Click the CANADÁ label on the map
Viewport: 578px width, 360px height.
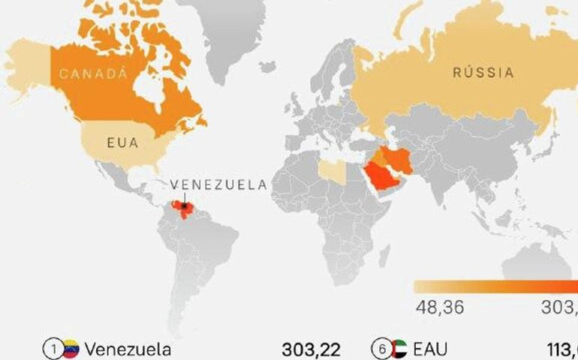[x=91, y=74]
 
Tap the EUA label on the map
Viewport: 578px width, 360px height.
[x=123, y=142]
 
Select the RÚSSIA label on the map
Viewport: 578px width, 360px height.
[x=483, y=73]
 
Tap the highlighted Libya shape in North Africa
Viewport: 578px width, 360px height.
[x=333, y=171]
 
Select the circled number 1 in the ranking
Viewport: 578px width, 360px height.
[x=53, y=349]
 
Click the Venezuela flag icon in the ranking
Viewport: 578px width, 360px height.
[x=71, y=349]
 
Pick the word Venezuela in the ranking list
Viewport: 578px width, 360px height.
[x=128, y=349]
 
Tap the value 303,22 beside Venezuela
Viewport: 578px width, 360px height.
[x=311, y=349]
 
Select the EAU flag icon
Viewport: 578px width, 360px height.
[x=399, y=349]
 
